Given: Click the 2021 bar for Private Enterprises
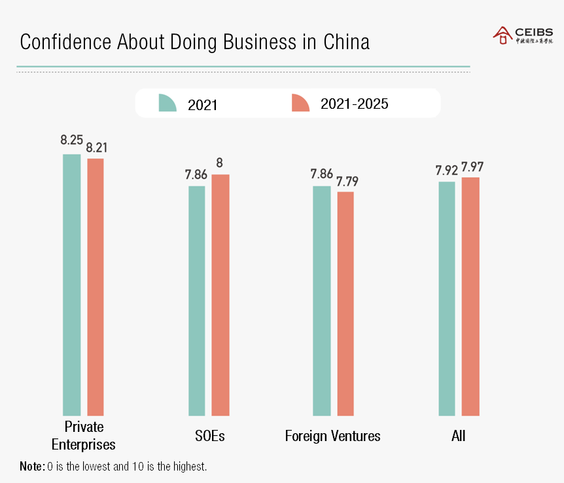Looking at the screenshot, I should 71,285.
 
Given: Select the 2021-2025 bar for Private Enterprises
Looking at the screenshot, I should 96,287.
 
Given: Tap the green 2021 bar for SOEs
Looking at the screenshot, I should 196,301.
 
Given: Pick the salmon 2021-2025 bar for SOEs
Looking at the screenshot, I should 220,295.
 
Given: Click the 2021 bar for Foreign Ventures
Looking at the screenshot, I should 321,301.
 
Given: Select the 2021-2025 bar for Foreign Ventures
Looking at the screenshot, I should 345,303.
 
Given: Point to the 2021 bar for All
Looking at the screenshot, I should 446,299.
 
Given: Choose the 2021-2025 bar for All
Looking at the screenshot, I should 470,296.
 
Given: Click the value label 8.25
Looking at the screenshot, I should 71,140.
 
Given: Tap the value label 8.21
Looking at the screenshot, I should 96,147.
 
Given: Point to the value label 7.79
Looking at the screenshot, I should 347,181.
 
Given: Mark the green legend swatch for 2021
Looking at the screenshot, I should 167,103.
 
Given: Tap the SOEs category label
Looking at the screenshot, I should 209,436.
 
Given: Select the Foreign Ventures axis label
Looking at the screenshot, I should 332,436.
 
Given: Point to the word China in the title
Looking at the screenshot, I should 346,42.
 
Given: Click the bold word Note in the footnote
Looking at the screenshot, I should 31,467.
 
